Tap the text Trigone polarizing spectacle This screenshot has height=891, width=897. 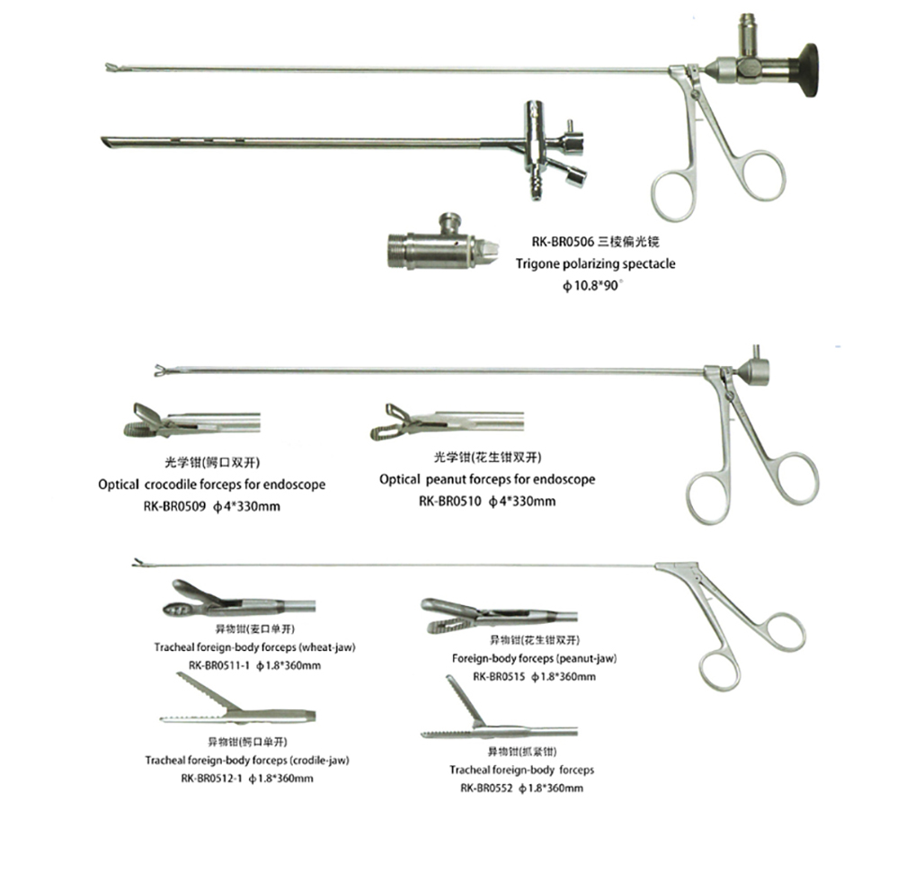click(x=594, y=264)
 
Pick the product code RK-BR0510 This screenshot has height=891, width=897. click(x=449, y=502)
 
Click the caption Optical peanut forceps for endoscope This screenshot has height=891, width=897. click(x=486, y=479)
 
